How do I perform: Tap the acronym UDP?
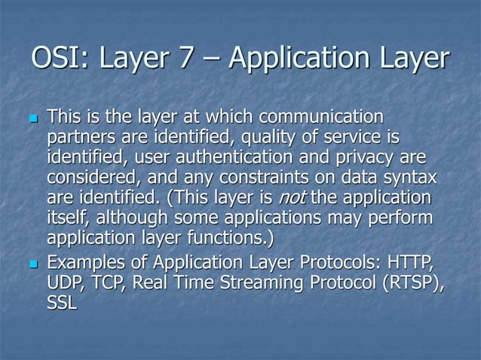click(x=67, y=284)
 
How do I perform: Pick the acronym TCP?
click(x=113, y=284)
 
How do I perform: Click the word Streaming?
click(x=253, y=284)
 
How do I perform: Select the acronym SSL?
click(x=62, y=304)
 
